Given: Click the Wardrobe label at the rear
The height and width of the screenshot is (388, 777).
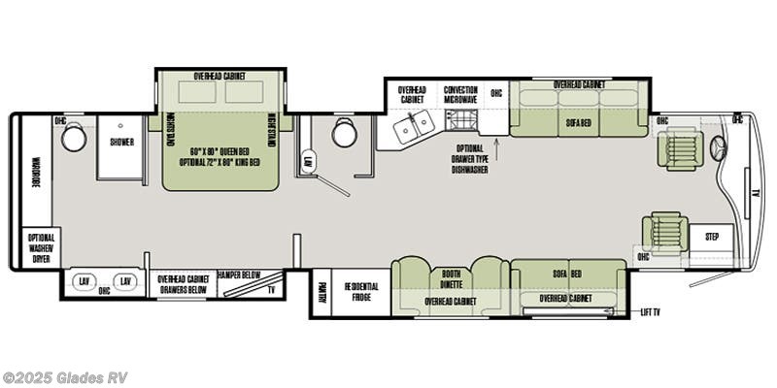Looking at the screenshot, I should (x=35, y=170).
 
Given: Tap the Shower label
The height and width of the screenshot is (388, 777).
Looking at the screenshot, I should (x=121, y=142).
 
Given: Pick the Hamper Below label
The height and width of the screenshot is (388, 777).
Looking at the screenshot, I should (x=235, y=275).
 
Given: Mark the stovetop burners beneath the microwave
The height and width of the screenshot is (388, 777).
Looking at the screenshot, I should (x=462, y=120).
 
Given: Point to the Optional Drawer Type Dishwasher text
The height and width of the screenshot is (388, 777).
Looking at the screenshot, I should (x=468, y=161).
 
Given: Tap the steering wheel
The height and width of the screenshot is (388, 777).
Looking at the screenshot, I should (x=720, y=148).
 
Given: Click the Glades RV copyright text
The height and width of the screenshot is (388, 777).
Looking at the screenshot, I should (x=65, y=377).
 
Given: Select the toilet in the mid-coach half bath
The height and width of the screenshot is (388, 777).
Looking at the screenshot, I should (x=344, y=133).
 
